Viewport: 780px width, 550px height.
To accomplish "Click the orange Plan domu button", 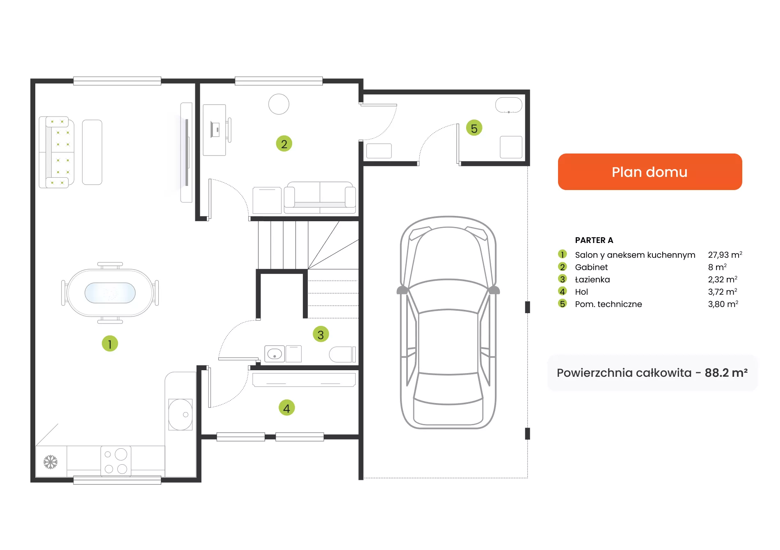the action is pyautogui.click(x=650, y=172).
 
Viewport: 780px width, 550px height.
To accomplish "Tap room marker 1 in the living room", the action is pyautogui.click(x=110, y=344).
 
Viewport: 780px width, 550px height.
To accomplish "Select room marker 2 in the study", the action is pyautogui.click(x=284, y=144).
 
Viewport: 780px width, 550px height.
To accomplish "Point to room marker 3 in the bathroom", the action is pyautogui.click(x=320, y=335).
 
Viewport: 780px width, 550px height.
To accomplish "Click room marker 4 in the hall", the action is pyautogui.click(x=286, y=408).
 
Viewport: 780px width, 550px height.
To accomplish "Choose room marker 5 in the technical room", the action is pyautogui.click(x=474, y=128).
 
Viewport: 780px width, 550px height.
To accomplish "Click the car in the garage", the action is pyautogui.click(x=448, y=322).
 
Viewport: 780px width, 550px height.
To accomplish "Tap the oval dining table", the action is pyautogui.click(x=110, y=293).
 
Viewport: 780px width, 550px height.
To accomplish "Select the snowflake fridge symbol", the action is pyautogui.click(x=50, y=462).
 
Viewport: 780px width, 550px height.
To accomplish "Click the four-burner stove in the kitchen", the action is pyautogui.click(x=116, y=461).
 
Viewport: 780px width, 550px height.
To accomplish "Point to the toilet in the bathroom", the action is pyautogui.click(x=342, y=354).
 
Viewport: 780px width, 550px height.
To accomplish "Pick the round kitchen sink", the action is pyautogui.click(x=181, y=415).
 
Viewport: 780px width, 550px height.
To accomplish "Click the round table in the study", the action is pyautogui.click(x=279, y=104).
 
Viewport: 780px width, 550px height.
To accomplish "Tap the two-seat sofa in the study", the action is pyautogui.click(x=320, y=197).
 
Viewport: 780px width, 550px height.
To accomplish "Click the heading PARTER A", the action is pyautogui.click(x=594, y=240).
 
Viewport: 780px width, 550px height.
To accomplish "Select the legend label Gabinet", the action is pyautogui.click(x=591, y=267).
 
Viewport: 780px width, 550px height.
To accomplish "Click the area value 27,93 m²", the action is pyautogui.click(x=725, y=255).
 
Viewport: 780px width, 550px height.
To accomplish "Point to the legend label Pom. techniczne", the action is pyautogui.click(x=608, y=304).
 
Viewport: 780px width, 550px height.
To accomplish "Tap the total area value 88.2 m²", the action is pyautogui.click(x=726, y=373).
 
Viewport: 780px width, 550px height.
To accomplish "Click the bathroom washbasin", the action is pyautogui.click(x=274, y=353).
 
